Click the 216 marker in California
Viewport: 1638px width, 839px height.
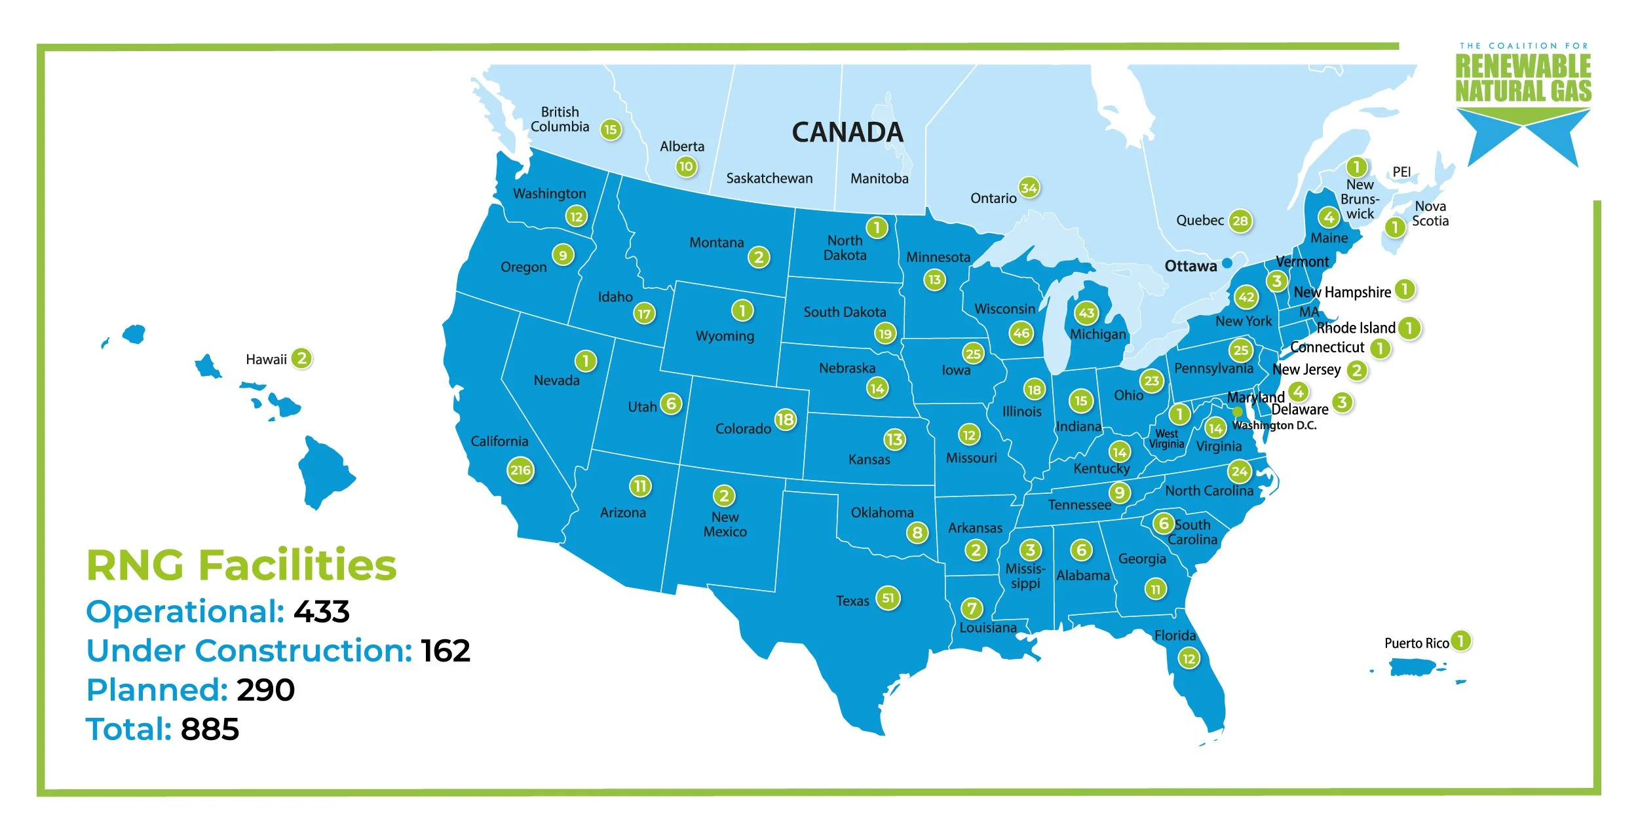[x=520, y=470]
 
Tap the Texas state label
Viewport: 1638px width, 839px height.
[x=852, y=601]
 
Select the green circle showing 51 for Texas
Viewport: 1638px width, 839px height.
[x=888, y=597]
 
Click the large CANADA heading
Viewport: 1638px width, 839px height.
[x=847, y=132]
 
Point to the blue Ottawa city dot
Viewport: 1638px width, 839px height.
[x=1227, y=263]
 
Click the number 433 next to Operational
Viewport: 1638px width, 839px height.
[x=321, y=612]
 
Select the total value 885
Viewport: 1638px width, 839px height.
[x=210, y=730]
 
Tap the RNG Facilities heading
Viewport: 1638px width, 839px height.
[x=241, y=565]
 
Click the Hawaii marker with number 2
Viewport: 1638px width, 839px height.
[x=301, y=358]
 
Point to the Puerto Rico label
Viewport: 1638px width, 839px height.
[x=1416, y=643]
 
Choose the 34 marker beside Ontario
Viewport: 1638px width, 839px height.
[x=1029, y=188]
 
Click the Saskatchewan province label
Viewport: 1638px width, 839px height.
[x=769, y=178]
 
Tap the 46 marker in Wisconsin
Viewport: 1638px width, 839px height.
[x=1021, y=333]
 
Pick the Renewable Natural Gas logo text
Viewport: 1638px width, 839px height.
[x=1523, y=79]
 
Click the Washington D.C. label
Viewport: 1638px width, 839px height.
[x=1274, y=426]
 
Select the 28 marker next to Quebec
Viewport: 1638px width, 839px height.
[x=1240, y=221]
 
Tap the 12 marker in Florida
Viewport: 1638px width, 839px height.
[x=1189, y=658]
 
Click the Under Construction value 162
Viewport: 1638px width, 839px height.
[x=446, y=651]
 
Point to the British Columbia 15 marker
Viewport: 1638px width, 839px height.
[x=610, y=129]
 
